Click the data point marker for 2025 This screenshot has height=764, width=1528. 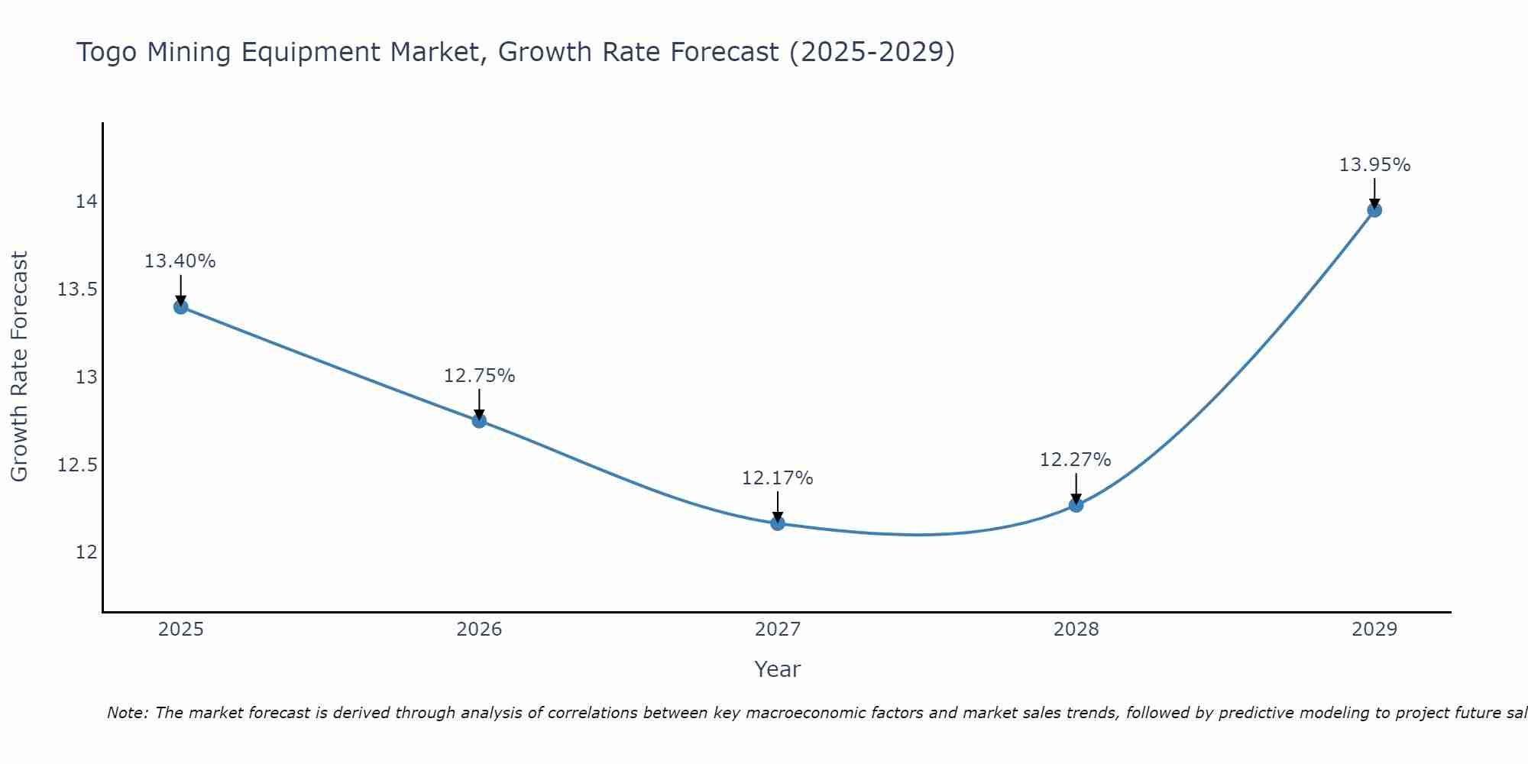tap(181, 306)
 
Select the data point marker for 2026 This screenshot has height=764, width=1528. tap(479, 420)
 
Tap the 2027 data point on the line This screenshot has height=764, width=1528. tap(778, 523)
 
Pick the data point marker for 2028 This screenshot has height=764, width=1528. tap(1076, 504)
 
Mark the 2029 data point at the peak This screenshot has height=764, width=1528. tap(1374, 210)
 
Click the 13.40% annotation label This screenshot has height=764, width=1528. tap(180, 261)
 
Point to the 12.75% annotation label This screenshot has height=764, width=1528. tap(479, 376)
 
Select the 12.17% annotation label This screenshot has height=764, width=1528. tap(777, 478)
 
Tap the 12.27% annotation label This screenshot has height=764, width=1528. tap(1075, 460)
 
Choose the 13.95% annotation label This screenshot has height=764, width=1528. tap(1374, 165)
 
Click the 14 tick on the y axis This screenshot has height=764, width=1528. tap(86, 202)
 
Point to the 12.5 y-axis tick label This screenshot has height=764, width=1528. tap(78, 465)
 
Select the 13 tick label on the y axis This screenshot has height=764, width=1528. tap(86, 377)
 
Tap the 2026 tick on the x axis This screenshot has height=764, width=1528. tap(479, 630)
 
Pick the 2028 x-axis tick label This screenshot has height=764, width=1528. tap(1076, 630)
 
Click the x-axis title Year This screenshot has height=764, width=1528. tap(777, 669)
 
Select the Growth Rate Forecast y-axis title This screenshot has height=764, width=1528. tap(20, 367)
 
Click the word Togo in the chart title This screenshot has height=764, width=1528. tap(107, 53)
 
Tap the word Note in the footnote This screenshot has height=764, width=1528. tap(127, 713)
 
